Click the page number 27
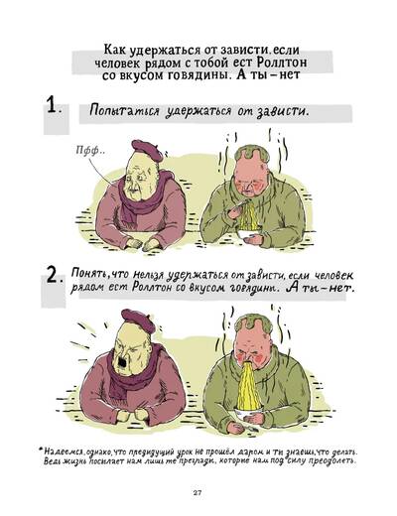(x=198, y=493)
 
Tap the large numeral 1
(x=52, y=104)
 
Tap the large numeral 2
(x=53, y=276)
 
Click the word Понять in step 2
(x=89, y=273)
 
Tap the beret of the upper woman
(x=147, y=150)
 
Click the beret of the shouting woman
(x=138, y=321)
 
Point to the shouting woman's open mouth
(x=122, y=363)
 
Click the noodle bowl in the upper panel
(x=248, y=234)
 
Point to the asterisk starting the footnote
(x=41, y=450)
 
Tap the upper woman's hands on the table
(x=143, y=244)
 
